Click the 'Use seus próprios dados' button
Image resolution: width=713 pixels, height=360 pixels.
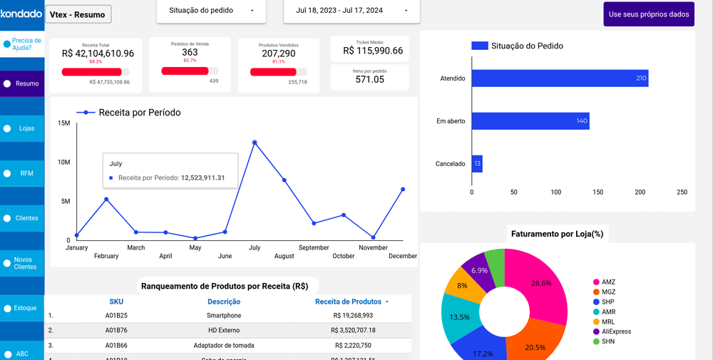point(648,14)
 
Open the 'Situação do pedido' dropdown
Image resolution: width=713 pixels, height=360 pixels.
point(211,11)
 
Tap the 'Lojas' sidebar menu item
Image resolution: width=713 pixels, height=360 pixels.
point(22,128)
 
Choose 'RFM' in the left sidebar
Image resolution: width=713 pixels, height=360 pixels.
point(22,173)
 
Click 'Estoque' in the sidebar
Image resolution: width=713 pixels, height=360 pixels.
point(22,308)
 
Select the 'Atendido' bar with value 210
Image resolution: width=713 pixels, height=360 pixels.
point(559,78)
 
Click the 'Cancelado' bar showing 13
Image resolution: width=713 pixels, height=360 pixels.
point(477,164)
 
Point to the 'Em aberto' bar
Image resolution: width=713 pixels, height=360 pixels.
point(530,121)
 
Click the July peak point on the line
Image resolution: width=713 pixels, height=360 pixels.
point(255,143)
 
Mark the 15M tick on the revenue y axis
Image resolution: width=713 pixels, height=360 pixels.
point(63,123)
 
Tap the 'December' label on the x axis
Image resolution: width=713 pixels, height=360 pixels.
point(403,256)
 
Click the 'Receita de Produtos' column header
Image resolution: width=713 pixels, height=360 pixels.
point(349,302)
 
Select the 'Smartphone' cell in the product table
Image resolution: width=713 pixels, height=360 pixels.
point(224,315)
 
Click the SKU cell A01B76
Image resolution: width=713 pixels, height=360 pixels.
point(116,330)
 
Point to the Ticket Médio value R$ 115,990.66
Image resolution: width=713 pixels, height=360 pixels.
point(372,51)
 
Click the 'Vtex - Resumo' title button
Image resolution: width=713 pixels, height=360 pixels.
point(78,14)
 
